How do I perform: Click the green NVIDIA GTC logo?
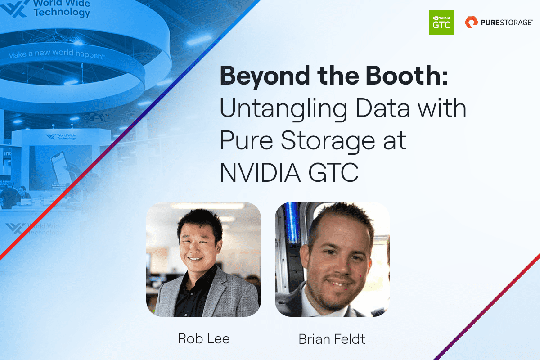coord(441,22)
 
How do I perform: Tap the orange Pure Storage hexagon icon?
coord(471,22)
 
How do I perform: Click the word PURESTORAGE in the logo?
coord(506,22)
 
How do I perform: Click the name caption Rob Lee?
coord(204,338)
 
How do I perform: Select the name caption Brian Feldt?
coord(332,338)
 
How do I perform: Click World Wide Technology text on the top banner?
coord(62,8)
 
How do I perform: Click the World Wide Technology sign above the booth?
coord(61,136)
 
